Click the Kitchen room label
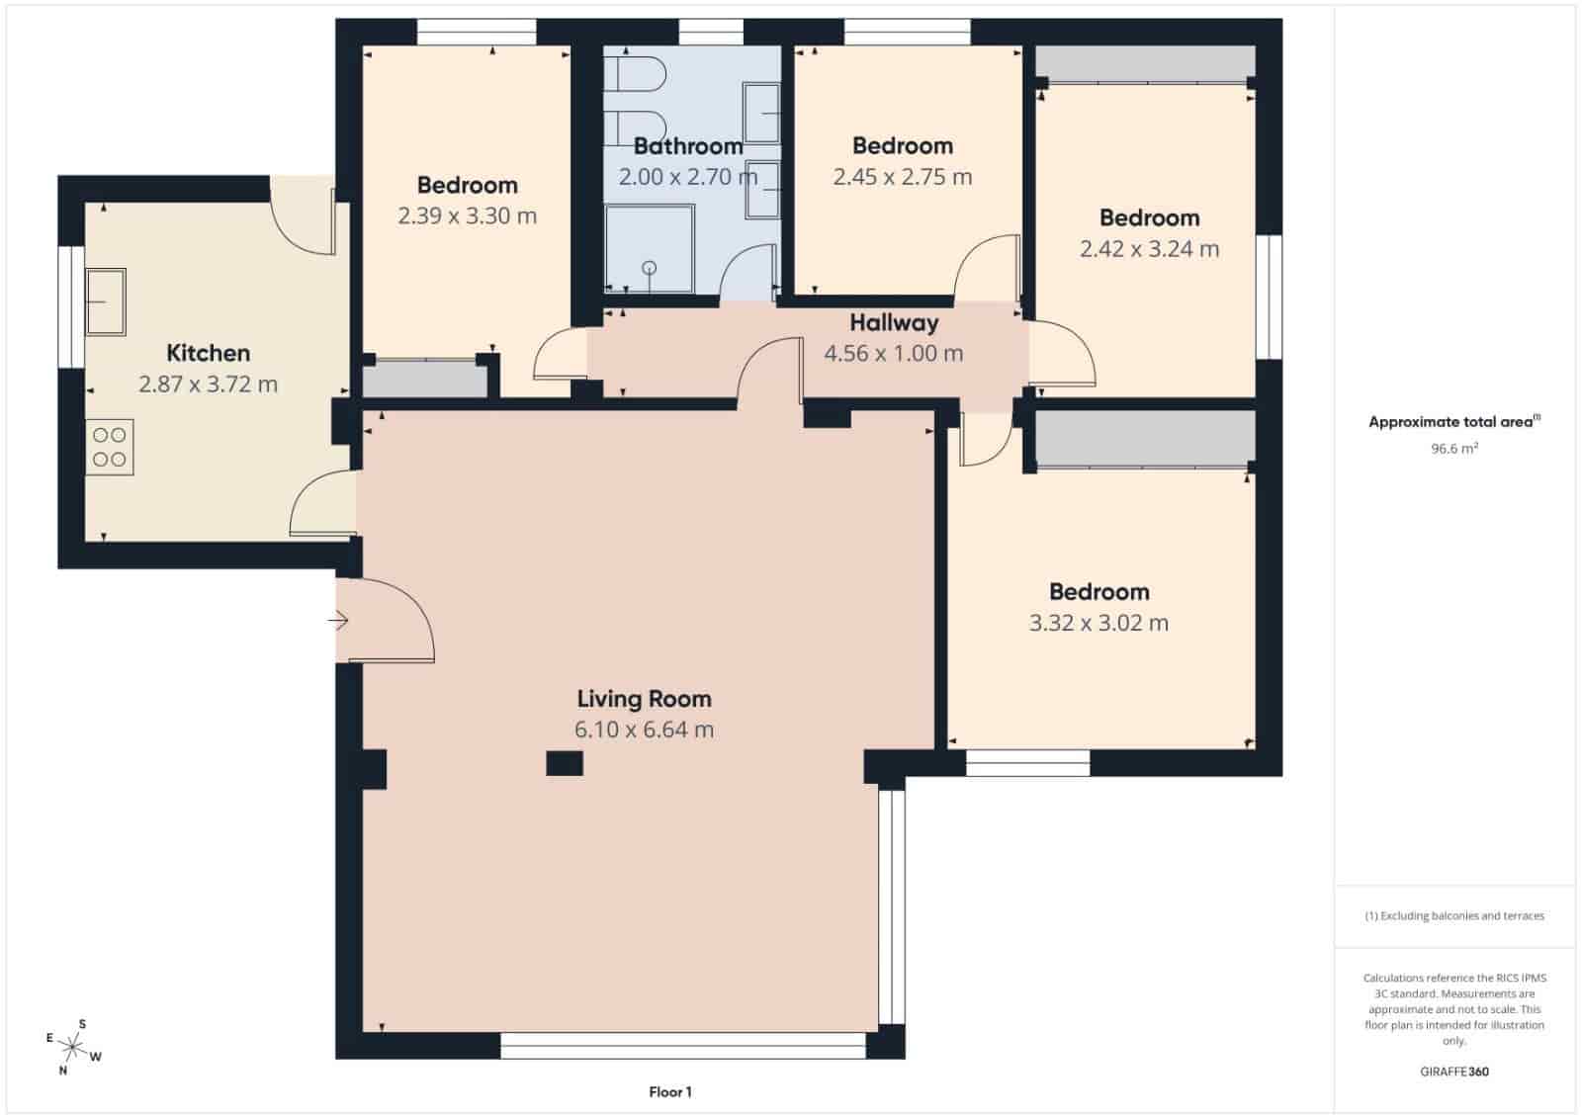pos(208,353)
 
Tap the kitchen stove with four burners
pos(110,447)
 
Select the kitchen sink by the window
pos(105,301)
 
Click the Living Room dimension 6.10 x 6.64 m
pos(644,730)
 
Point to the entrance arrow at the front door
pos(338,621)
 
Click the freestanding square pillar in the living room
pos(565,763)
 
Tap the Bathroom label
pos(688,146)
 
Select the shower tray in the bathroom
pos(650,249)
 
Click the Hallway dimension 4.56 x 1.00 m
pos(893,353)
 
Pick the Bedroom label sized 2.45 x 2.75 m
pos(903,146)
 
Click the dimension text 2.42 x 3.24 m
pos(1149,249)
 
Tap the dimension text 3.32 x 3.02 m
pos(1099,623)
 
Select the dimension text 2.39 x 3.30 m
pos(467,215)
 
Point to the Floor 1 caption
pos(670,1092)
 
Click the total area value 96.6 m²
pos(1453,448)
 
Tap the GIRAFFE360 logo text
pos(1453,1071)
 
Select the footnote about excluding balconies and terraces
pos(1453,915)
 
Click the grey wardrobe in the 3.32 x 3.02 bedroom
pos(1145,437)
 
